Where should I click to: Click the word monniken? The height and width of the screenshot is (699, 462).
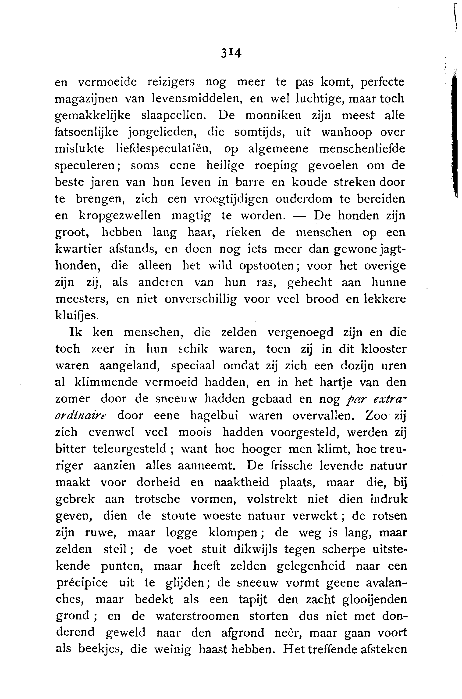click(274, 115)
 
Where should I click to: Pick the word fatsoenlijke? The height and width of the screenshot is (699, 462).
click(87, 132)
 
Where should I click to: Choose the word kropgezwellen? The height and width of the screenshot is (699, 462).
click(120, 216)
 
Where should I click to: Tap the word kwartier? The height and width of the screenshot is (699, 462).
click(79, 249)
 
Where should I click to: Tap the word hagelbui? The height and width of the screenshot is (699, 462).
click(214, 415)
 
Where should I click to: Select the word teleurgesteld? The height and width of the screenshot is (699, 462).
click(130, 449)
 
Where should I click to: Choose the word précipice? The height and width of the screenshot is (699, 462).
click(82, 583)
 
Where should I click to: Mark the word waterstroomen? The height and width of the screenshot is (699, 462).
click(197, 616)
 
